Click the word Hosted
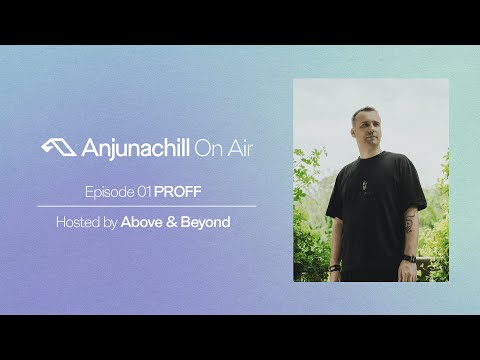coord(79,221)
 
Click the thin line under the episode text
coord(148,205)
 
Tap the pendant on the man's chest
coord(361,183)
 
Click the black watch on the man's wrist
coord(409,259)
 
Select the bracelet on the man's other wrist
coord(335,265)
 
